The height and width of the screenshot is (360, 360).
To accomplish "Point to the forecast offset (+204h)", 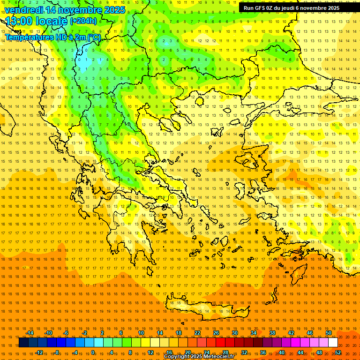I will coord(83,21).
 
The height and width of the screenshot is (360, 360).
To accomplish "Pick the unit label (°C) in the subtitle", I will coord(93,37).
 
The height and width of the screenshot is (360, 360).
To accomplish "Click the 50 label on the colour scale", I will coord(329,333).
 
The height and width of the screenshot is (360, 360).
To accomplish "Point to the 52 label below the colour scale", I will coord(338,352).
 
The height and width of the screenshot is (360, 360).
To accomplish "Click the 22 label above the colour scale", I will coord(197,333).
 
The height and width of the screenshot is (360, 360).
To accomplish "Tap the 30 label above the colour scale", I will coord(235,333).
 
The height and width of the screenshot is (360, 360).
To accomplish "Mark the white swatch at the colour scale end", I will coord(333,343).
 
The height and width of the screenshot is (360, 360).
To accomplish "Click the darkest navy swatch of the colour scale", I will coord(23,343).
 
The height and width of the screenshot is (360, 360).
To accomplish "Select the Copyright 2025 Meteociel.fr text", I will coord(198,357).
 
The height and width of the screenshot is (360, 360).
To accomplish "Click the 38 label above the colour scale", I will coord(272,333).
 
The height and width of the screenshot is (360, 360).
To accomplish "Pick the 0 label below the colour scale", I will coord(93,352).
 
